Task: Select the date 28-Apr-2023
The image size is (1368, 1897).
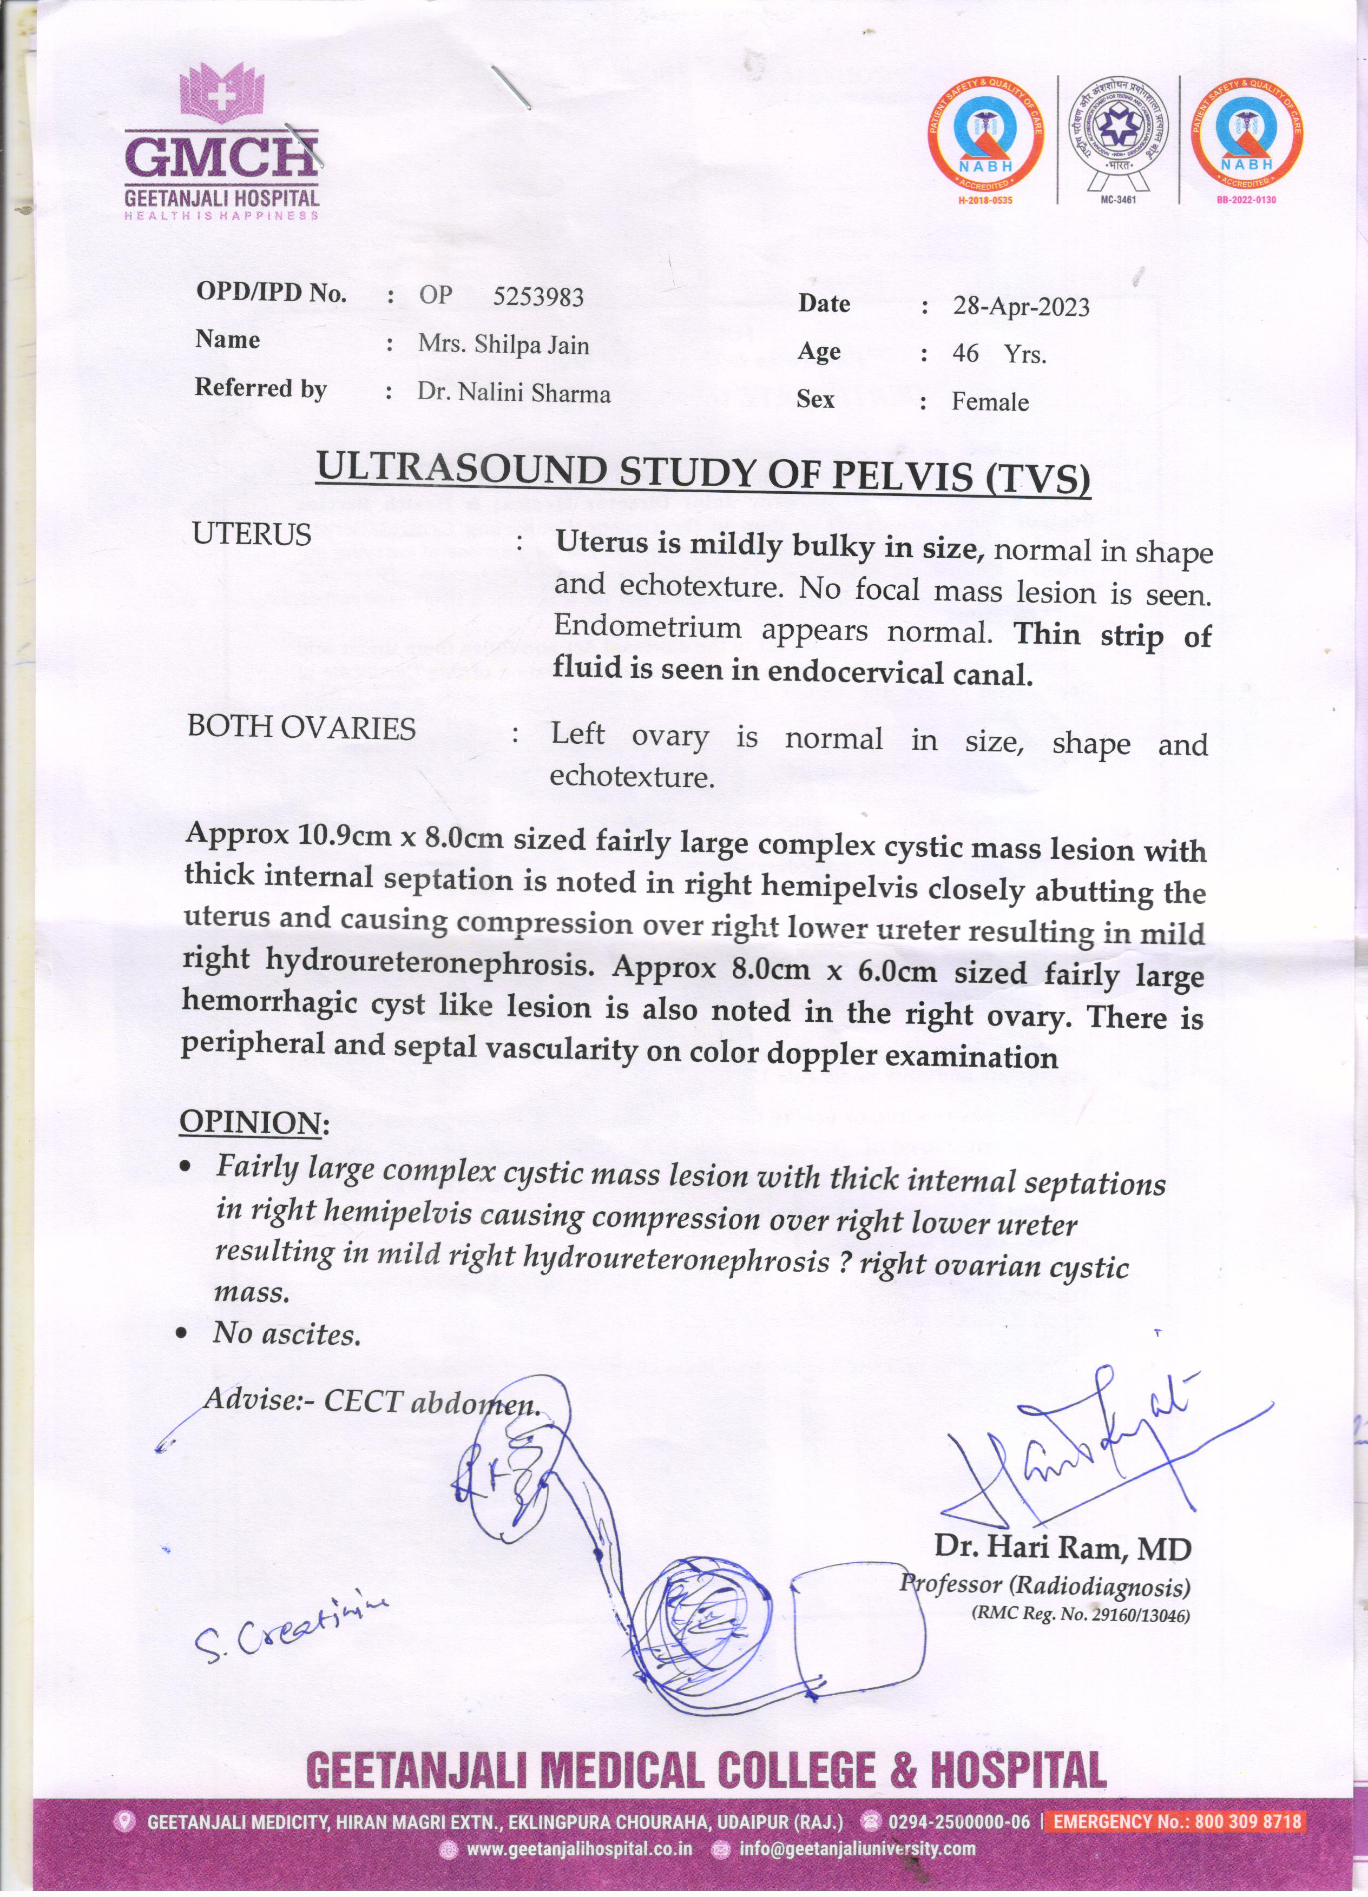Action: [x=1021, y=307]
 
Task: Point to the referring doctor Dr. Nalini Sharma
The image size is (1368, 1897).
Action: [x=514, y=393]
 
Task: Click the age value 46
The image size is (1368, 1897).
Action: [x=965, y=354]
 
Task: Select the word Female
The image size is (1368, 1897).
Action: [x=990, y=402]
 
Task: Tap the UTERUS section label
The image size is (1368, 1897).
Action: [x=252, y=534]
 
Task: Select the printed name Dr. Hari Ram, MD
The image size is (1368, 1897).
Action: [x=1063, y=1548]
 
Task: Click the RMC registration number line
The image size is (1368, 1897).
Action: [x=1080, y=1615]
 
